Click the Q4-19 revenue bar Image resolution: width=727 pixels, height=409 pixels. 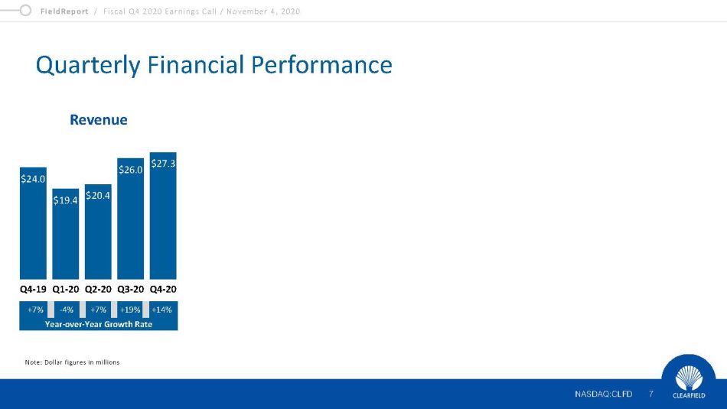pyautogui.click(x=33, y=223)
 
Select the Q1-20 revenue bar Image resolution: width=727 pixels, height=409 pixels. pyautogui.click(x=65, y=234)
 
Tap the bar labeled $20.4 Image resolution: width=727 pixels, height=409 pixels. pyautogui.click(x=98, y=232)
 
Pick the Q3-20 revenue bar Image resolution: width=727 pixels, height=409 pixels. pyautogui.click(x=130, y=219)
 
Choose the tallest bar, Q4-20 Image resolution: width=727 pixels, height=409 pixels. pyautogui.click(x=163, y=216)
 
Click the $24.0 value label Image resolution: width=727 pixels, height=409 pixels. pyautogui.click(x=33, y=179)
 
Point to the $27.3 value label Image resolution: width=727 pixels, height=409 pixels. pyautogui.click(x=163, y=164)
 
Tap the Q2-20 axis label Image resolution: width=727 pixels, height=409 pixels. pyautogui.click(x=98, y=289)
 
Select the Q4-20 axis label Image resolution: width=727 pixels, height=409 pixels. pyautogui.click(x=163, y=289)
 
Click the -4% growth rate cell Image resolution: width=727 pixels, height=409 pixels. pyautogui.click(x=67, y=310)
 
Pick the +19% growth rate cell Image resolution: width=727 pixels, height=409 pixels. pyautogui.click(x=130, y=310)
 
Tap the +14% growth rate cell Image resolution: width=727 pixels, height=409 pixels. pyautogui.click(x=161, y=310)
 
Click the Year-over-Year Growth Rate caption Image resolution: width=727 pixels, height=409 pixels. pyautogui.click(x=98, y=324)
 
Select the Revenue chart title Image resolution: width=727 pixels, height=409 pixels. pyautogui.click(x=98, y=119)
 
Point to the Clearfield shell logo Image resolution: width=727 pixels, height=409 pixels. pyautogui.click(x=689, y=378)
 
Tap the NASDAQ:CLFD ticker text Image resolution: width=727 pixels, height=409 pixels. pyautogui.click(x=603, y=394)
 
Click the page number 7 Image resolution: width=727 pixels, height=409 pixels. pyautogui.click(x=651, y=394)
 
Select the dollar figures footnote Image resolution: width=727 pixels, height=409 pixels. pyautogui.click(x=73, y=362)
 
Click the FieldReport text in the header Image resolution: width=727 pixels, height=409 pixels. pyautogui.click(x=64, y=11)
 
